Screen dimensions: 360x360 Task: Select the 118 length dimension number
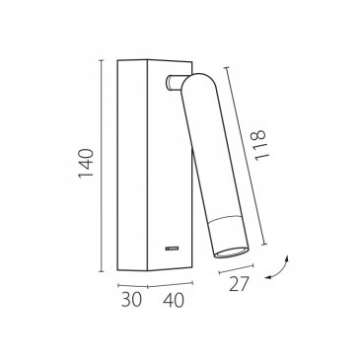[259, 145]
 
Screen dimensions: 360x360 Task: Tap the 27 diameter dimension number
[239, 284]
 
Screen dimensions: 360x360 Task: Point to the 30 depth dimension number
[131, 300]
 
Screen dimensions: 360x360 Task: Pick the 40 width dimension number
[174, 300]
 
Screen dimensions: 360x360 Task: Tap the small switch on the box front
[173, 248]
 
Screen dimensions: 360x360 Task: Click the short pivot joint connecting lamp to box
[174, 82]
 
